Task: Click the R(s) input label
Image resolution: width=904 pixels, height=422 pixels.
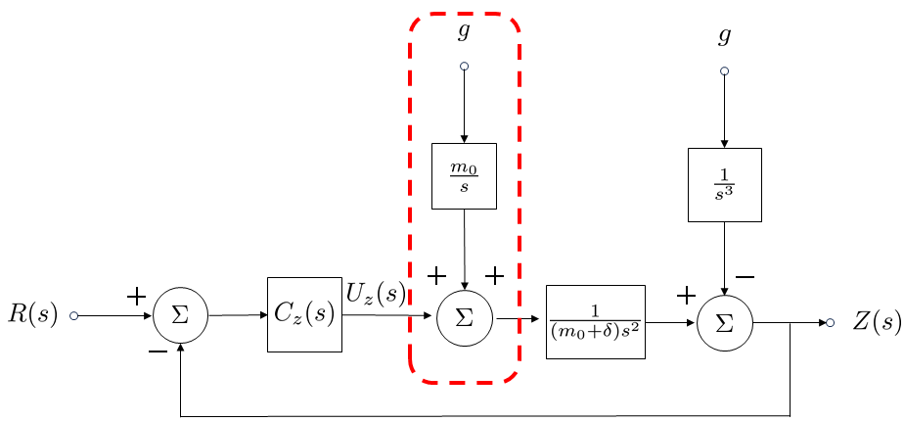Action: coord(32,315)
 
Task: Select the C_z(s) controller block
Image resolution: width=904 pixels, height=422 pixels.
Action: coord(304,314)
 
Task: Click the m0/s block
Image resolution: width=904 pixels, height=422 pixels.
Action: coord(464,176)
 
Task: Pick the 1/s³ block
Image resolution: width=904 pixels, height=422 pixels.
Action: coord(724,184)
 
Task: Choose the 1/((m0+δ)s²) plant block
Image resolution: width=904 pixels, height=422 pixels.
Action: coord(595,321)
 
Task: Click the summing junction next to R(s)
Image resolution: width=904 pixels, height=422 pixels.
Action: coord(180,315)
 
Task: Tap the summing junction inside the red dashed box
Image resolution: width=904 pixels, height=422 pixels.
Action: coord(464,317)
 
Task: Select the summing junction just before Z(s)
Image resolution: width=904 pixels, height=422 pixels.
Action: coord(724,321)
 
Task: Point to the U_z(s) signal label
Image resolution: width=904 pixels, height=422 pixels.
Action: coord(376,292)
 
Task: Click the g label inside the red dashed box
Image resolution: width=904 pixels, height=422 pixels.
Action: coord(464,32)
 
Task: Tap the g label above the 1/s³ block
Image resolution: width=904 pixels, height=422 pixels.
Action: coord(724,37)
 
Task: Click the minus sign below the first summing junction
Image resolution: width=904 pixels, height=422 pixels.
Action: coord(158,352)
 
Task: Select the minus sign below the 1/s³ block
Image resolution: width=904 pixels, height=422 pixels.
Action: coord(745,277)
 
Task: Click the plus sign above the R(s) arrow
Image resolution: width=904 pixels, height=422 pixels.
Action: coord(137,295)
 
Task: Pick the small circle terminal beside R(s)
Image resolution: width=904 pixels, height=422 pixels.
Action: coord(74,316)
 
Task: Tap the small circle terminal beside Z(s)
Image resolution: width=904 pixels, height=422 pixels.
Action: coord(830,322)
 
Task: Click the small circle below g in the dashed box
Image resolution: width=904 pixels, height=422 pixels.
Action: coord(464,68)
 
